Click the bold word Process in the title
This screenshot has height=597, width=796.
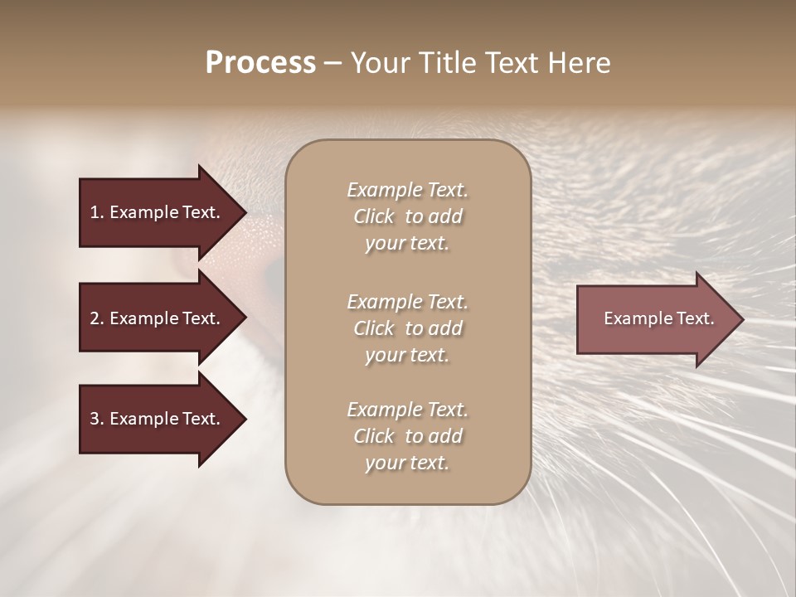click(260, 62)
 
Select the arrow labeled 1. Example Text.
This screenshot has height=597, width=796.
click(156, 212)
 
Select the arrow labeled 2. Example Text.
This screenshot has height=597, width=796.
click(156, 318)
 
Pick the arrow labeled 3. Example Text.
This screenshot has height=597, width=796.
click(156, 419)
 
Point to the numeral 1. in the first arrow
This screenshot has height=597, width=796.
click(96, 212)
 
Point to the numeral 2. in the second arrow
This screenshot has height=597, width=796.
click(96, 318)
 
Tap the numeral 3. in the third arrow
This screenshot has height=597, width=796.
click(96, 419)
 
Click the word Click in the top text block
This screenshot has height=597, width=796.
click(374, 216)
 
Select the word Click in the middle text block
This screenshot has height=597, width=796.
click(374, 328)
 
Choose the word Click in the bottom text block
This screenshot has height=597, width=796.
click(374, 436)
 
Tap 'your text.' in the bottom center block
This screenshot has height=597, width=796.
click(407, 464)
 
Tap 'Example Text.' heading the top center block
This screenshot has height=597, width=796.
click(407, 190)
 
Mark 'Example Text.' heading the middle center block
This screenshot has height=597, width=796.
click(407, 301)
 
